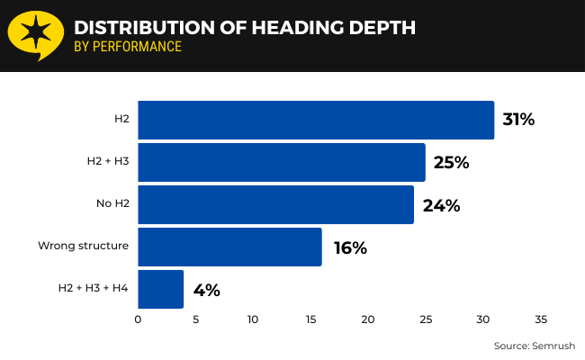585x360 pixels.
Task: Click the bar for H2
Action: tap(315, 120)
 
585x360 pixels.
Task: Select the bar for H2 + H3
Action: tap(281, 162)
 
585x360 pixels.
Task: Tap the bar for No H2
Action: tap(275, 204)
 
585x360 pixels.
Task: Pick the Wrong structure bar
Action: tap(229, 247)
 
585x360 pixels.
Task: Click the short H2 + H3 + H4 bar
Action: tap(160, 289)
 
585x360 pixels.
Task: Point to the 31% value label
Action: tap(518, 120)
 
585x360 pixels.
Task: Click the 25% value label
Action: tap(451, 162)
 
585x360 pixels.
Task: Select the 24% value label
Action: tap(441, 205)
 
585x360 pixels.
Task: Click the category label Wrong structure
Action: tap(83, 246)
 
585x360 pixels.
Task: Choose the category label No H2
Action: tap(112, 203)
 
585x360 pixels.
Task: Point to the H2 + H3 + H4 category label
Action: tap(94, 288)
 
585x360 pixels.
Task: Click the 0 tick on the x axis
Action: tap(138, 319)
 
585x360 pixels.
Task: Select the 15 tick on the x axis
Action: tap(310, 319)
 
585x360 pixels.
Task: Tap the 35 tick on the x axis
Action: tap(540, 319)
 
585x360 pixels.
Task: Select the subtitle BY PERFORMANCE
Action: tap(128, 47)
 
